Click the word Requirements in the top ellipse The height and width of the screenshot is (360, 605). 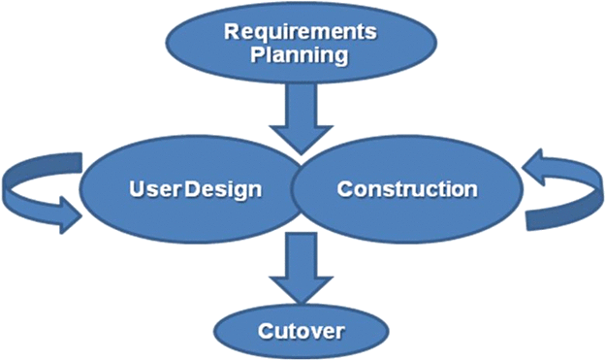[x=301, y=32]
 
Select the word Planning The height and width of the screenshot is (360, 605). [x=300, y=54]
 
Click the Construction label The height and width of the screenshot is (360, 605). [x=407, y=188]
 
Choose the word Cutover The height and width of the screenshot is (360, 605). [x=302, y=333]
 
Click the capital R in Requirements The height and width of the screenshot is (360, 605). [x=232, y=32]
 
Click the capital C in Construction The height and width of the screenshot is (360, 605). [x=344, y=188]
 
